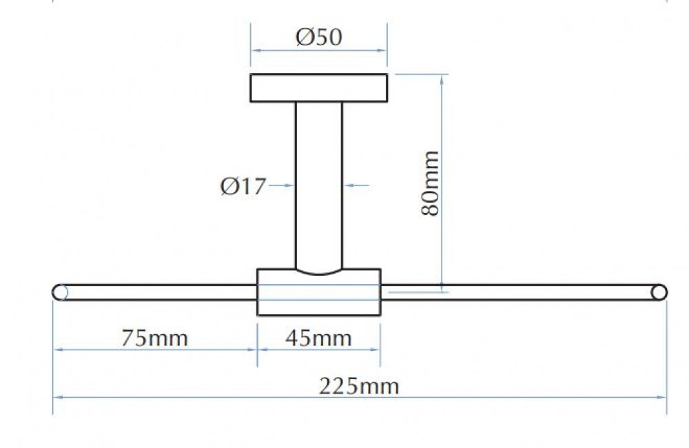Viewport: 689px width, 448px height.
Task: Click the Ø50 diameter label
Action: pos(318,37)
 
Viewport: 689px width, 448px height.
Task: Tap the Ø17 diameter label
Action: pos(243,186)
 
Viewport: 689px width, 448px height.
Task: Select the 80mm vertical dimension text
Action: pos(430,183)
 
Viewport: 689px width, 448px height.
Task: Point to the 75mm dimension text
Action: pos(154,338)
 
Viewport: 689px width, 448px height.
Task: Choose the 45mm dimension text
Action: pos(318,338)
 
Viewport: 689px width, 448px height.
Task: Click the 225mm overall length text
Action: pos(359,387)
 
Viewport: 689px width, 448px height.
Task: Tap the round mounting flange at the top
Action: pos(318,88)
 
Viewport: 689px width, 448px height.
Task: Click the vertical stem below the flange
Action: pos(318,185)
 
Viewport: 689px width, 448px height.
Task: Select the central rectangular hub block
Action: pos(318,292)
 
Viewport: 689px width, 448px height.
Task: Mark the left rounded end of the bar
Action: pos(60,292)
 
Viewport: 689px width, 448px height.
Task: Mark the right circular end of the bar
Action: pos(659,292)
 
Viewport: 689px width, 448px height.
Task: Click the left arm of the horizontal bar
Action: pos(154,292)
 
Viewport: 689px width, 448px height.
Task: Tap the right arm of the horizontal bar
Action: pos(524,292)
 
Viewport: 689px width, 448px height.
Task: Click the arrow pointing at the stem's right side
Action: pos(356,185)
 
